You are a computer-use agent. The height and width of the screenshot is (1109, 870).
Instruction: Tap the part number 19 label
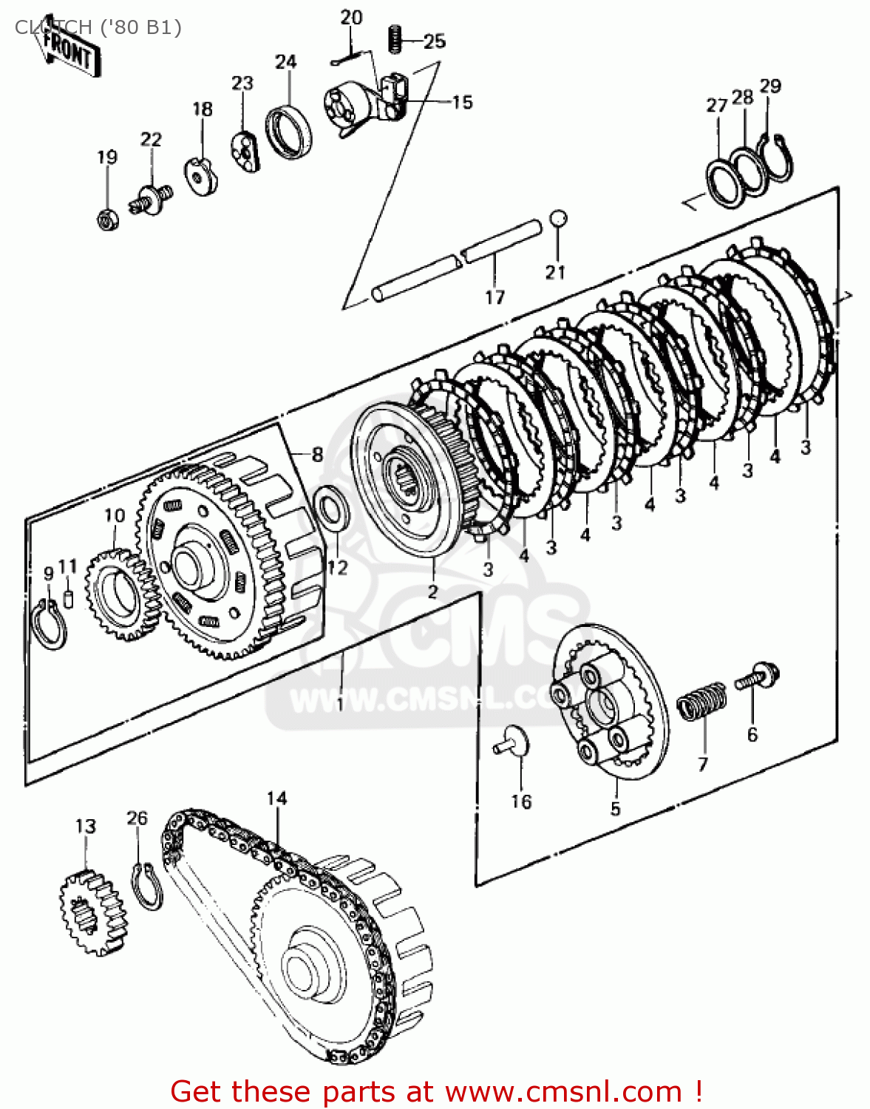107,157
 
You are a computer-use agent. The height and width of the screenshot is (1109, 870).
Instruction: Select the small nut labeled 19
107,219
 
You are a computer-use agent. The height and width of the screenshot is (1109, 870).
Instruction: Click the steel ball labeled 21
559,219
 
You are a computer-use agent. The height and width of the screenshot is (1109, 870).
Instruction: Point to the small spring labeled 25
395,38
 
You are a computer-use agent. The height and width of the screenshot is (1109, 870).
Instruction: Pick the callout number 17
495,296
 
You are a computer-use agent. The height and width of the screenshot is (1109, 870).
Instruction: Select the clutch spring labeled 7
703,699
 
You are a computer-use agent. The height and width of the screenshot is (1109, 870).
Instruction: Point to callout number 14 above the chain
276,798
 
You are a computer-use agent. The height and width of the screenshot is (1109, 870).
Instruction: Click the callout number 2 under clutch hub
432,591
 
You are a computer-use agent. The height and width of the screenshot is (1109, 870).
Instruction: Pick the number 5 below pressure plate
615,808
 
